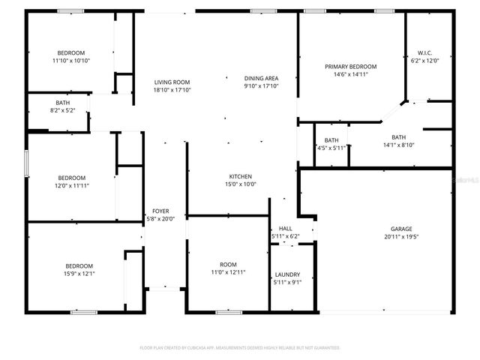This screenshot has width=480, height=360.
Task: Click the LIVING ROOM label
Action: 172,82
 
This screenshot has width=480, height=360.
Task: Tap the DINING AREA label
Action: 262,78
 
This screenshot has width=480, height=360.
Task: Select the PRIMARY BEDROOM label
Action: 350,67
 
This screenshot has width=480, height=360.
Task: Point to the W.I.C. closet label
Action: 424,53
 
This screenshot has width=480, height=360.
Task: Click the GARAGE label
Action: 400,229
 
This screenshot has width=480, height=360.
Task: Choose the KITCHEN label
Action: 241,176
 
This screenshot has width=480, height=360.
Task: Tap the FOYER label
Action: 160,211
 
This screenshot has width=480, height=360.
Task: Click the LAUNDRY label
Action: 287,274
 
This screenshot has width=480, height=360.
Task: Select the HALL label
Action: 285,229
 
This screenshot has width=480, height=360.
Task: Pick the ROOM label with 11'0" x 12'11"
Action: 228,265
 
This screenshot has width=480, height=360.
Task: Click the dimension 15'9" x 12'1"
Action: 79,274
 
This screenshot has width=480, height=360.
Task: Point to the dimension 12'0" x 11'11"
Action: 72,185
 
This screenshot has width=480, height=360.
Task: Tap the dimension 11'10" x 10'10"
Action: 72,60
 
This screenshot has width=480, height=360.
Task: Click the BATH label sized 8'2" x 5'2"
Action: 63,103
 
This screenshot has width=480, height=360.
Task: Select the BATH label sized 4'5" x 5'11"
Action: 331,140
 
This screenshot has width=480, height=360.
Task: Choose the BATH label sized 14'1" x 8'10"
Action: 398,137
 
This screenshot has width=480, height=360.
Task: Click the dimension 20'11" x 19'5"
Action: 400,237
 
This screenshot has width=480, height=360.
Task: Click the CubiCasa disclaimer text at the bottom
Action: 240,348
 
